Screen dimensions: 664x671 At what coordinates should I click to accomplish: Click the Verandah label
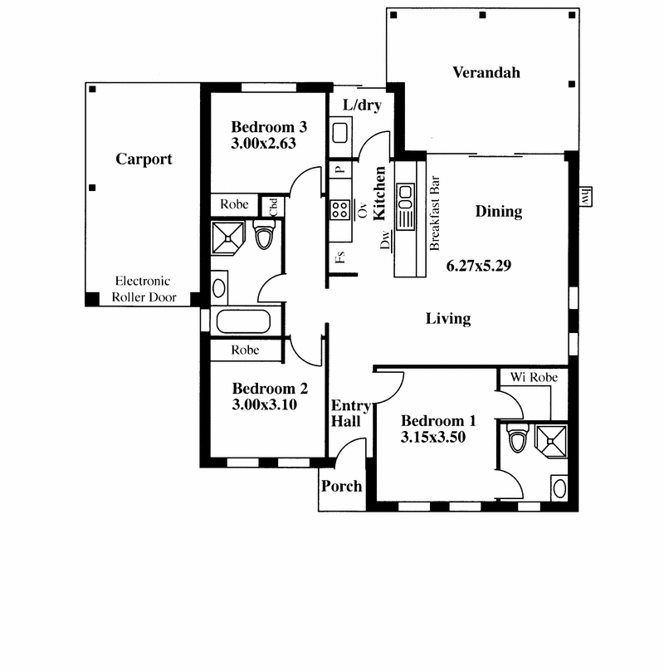tap(486, 72)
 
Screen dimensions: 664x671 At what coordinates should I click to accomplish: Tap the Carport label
tap(144, 159)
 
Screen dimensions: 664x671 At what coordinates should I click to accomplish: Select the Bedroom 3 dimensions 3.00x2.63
tap(263, 143)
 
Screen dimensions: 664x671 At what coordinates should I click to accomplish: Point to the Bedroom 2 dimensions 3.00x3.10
tap(265, 404)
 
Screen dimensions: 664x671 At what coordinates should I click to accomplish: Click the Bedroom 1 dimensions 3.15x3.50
tap(433, 437)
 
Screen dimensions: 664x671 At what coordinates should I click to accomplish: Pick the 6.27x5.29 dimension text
tap(479, 266)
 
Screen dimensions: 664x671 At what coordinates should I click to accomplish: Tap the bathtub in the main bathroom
tap(243, 321)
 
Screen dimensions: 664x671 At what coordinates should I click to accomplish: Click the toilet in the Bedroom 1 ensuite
tap(517, 438)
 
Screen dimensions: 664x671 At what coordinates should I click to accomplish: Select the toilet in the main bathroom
tap(264, 235)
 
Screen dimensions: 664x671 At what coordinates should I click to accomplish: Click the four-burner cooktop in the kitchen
tap(340, 210)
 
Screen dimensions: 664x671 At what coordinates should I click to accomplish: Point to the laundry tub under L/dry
tap(340, 133)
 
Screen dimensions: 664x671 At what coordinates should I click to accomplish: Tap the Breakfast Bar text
tap(434, 213)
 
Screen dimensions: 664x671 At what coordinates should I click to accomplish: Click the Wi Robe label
tap(534, 377)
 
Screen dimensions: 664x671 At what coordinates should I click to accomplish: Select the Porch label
tap(341, 487)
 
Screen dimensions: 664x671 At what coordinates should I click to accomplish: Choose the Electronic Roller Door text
tap(144, 289)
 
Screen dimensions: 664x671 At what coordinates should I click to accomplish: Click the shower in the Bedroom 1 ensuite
tap(551, 441)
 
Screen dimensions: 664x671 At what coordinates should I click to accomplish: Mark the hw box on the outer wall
tap(586, 197)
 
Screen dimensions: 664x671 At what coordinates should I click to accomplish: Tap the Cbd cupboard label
tap(273, 207)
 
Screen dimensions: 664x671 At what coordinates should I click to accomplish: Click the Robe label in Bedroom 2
tap(245, 350)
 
